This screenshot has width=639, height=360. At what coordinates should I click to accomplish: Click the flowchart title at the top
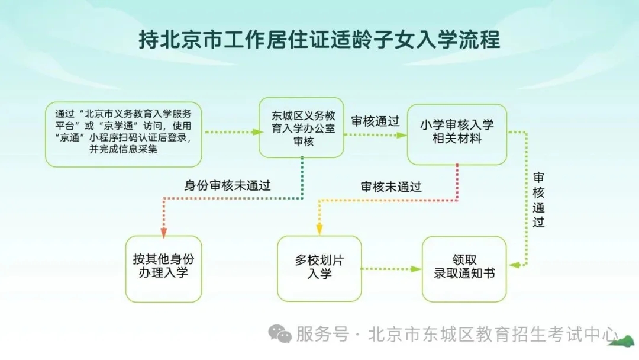319,40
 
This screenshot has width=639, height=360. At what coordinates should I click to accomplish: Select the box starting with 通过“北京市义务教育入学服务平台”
124,134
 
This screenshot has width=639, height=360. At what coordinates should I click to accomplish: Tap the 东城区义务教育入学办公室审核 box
301,128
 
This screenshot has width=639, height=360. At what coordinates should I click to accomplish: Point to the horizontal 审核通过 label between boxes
375,121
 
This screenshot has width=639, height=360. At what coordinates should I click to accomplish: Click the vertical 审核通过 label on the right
538,200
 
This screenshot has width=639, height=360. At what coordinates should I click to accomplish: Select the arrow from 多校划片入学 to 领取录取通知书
390,269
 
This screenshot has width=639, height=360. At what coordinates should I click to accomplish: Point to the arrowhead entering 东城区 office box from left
256,132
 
